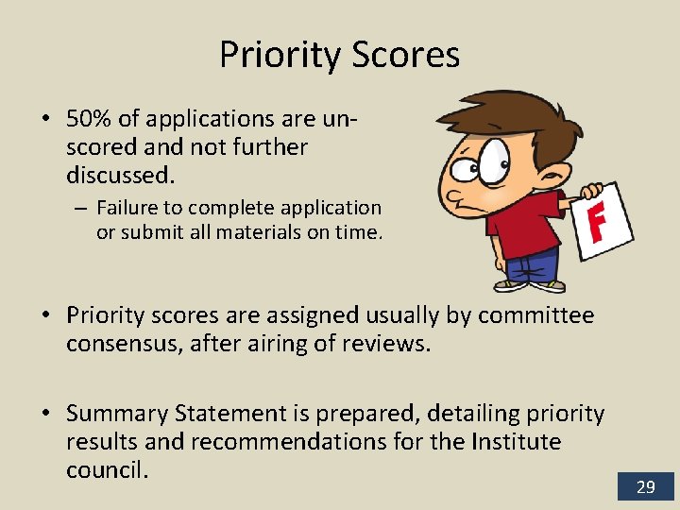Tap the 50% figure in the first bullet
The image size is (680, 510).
[89, 119]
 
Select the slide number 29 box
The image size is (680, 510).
[646, 486]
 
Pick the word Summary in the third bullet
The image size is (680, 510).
[112, 414]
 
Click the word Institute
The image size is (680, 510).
[517, 442]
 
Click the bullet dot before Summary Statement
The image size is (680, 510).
[45, 414]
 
